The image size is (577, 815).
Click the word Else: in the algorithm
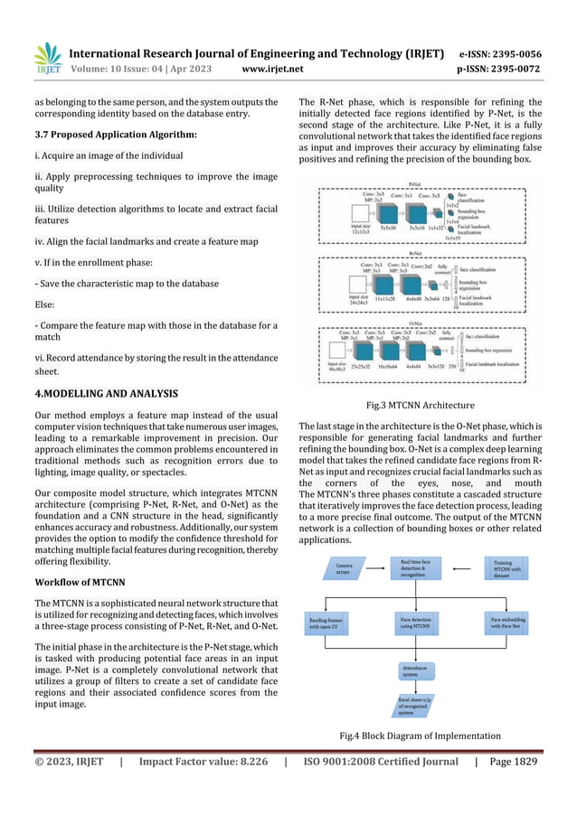pyautogui.click(x=44, y=304)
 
